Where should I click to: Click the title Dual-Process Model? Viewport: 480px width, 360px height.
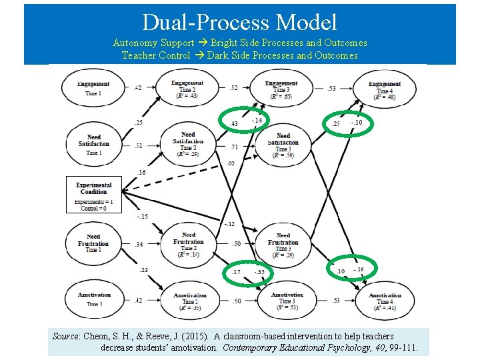click(x=239, y=23)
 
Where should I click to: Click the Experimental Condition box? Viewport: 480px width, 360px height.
click(x=94, y=195)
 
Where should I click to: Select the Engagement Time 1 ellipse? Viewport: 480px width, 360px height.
click(x=94, y=88)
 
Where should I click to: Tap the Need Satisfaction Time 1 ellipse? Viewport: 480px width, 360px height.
click(x=94, y=144)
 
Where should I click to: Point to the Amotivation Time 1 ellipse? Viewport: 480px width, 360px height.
click(x=94, y=299)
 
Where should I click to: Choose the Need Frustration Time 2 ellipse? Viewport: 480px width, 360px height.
click(x=189, y=244)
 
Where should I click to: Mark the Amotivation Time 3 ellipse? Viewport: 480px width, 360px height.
click(x=287, y=301)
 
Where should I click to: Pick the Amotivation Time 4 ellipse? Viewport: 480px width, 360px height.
click(x=385, y=301)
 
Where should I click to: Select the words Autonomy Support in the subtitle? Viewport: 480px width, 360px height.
click(x=153, y=43)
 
